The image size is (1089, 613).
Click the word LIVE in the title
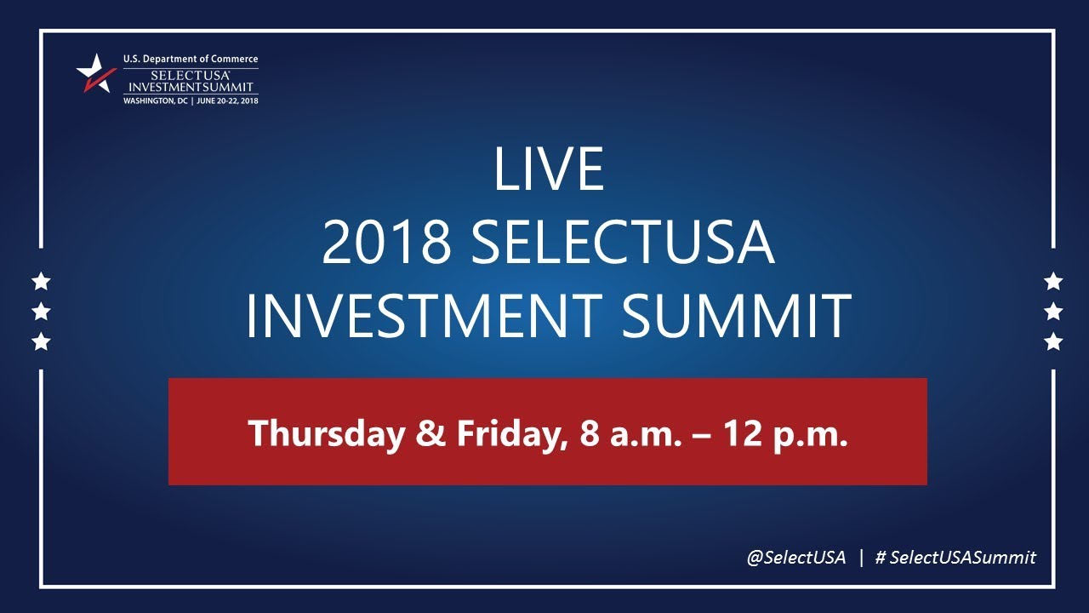pyautogui.click(x=548, y=169)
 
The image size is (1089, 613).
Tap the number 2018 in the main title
pyautogui.click(x=386, y=243)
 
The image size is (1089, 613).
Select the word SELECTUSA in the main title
pyautogui.click(x=622, y=243)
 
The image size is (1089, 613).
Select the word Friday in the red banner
pyautogui.click(x=506, y=433)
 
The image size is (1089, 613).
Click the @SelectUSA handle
pyautogui.click(x=796, y=558)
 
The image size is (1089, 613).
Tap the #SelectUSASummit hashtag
pyautogui.click(x=955, y=558)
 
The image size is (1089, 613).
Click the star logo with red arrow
pyautogui.click(x=96, y=74)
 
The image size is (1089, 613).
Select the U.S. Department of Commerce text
pyautogui.click(x=191, y=59)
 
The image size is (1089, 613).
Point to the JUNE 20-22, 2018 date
pyautogui.click(x=227, y=100)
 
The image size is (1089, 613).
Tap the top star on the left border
pyautogui.click(x=41, y=281)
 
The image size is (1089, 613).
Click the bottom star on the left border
pyautogui.click(x=41, y=342)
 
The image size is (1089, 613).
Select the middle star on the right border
pyautogui.click(x=1053, y=312)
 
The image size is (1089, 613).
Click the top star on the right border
pyautogui.click(x=1053, y=281)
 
